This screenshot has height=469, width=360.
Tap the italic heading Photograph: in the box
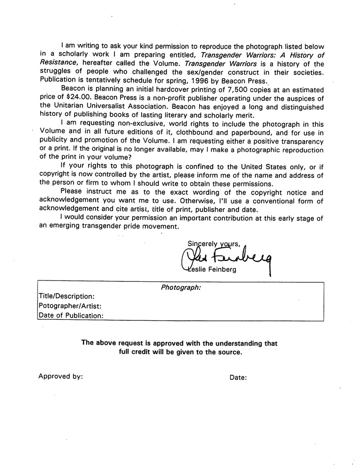180,287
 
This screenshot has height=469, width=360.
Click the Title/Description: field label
67,296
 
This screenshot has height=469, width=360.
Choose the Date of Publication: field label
71,316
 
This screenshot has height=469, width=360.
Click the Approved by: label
61,376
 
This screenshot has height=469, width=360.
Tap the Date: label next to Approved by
239,377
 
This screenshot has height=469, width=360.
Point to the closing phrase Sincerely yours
214,243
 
